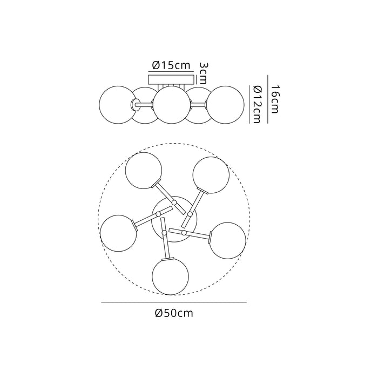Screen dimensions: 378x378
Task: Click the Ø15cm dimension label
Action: [x=171, y=65]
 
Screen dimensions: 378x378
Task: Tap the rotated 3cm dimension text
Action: [x=204, y=73]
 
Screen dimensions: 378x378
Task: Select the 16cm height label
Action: [x=274, y=99]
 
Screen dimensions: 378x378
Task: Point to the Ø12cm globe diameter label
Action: [x=257, y=105]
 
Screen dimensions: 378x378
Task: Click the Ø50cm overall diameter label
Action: [x=174, y=313]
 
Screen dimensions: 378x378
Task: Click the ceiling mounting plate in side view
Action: [x=171, y=79]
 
